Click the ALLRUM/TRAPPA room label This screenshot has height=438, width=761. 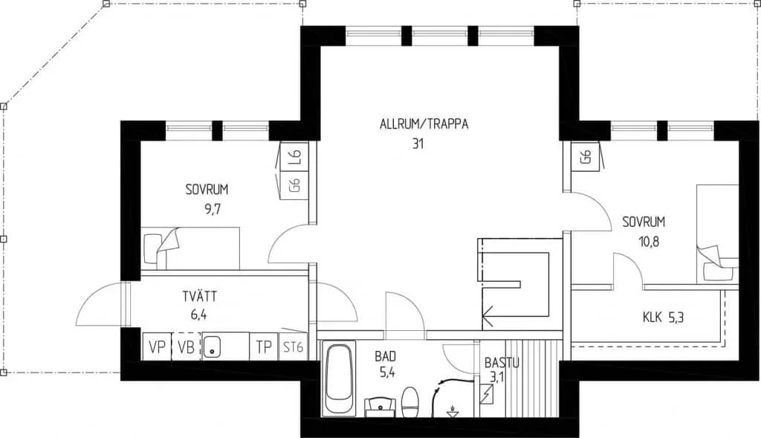click(x=424, y=124)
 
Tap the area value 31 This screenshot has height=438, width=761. click(x=418, y=144)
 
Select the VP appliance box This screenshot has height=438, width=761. click(x=157, y=347)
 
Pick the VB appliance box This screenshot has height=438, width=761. click(x=186, y=347)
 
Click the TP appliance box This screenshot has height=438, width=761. click(x=264, y=347)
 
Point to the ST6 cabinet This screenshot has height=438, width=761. click(x=293, y=347)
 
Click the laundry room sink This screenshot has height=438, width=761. click(x=212, y=347)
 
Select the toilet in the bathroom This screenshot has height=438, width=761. click(x=410, y=402)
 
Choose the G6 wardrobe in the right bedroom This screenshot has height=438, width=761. click(x=586, y=156)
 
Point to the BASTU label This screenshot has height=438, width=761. click(x=502, y=362)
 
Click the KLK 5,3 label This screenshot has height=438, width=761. click(x=663, y=318)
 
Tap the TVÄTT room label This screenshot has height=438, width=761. click(x=199, y=296)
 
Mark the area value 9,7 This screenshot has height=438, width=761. click(x=213, y=209)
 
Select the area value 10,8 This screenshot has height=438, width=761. click(x=648, y=241)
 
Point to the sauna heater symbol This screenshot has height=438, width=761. click(x=486, y=393)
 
